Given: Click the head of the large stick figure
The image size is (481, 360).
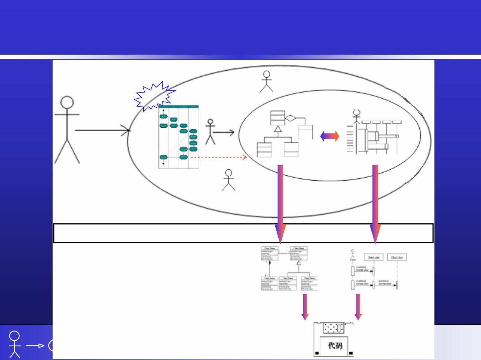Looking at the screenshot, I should click(x=67, y=103).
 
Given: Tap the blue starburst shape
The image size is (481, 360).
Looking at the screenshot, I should click(x=154, y=96).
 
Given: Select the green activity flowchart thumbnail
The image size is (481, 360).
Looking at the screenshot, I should click(x=179, y=137).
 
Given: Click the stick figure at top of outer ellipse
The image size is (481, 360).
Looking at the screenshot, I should click(x=267, y=81).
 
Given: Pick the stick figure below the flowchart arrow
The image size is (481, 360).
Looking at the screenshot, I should click(x=228, y=180).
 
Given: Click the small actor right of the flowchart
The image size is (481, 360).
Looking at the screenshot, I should click(x=210, y=132).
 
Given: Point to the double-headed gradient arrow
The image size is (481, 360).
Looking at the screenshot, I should click(x=330, y=136).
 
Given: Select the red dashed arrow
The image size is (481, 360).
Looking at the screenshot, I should click(x=219, y=157).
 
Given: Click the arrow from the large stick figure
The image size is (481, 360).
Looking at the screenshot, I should click(x=102, y=130).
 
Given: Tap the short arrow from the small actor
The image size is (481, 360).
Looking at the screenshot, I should click(x=223, y=133).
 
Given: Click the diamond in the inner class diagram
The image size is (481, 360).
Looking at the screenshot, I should click(x=290, y=118).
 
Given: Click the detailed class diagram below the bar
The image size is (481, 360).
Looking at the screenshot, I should click(x=289, y=268).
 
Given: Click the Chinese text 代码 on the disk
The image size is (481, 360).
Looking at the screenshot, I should click(x=335, y=346).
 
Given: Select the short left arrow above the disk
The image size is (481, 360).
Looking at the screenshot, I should click(x=305, y=307).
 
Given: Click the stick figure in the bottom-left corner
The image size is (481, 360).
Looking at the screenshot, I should click(x=14, y=344).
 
